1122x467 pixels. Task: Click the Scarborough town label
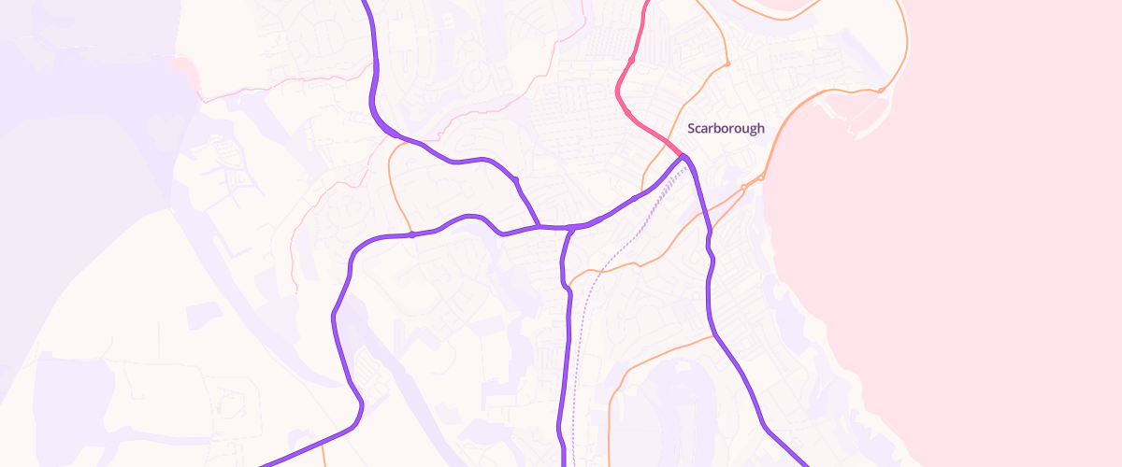726,129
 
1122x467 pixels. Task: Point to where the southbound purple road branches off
570,228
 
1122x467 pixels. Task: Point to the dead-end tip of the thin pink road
297,291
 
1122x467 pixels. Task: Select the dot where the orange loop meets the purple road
411,234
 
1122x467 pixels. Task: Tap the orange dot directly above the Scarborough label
726,64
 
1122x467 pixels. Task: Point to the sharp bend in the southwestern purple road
358,411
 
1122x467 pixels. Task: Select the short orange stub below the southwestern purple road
324,456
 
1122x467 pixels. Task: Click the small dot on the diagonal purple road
514,178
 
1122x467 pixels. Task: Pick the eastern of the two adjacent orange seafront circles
761,177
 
